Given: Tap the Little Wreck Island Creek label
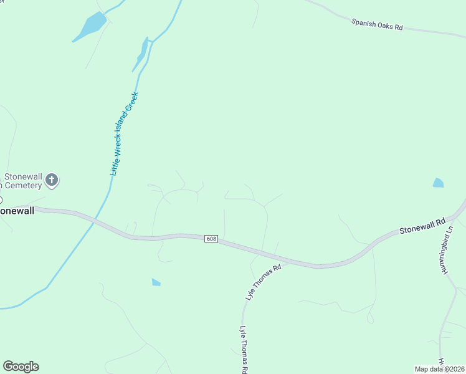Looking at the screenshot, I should tap(123, 133).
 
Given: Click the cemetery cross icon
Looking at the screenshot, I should tap(52, 181).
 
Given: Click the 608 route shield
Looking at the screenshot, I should tap(211, 239).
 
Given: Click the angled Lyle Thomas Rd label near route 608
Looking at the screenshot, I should tap(264, 282).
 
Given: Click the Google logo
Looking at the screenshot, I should tap(21, 367).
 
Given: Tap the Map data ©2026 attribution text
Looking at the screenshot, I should tap(440, 369).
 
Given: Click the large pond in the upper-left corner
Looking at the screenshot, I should tap(91, 26).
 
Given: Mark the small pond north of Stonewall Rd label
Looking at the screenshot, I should tap(438, 183).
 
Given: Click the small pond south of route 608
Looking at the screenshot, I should tap(156, 282).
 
